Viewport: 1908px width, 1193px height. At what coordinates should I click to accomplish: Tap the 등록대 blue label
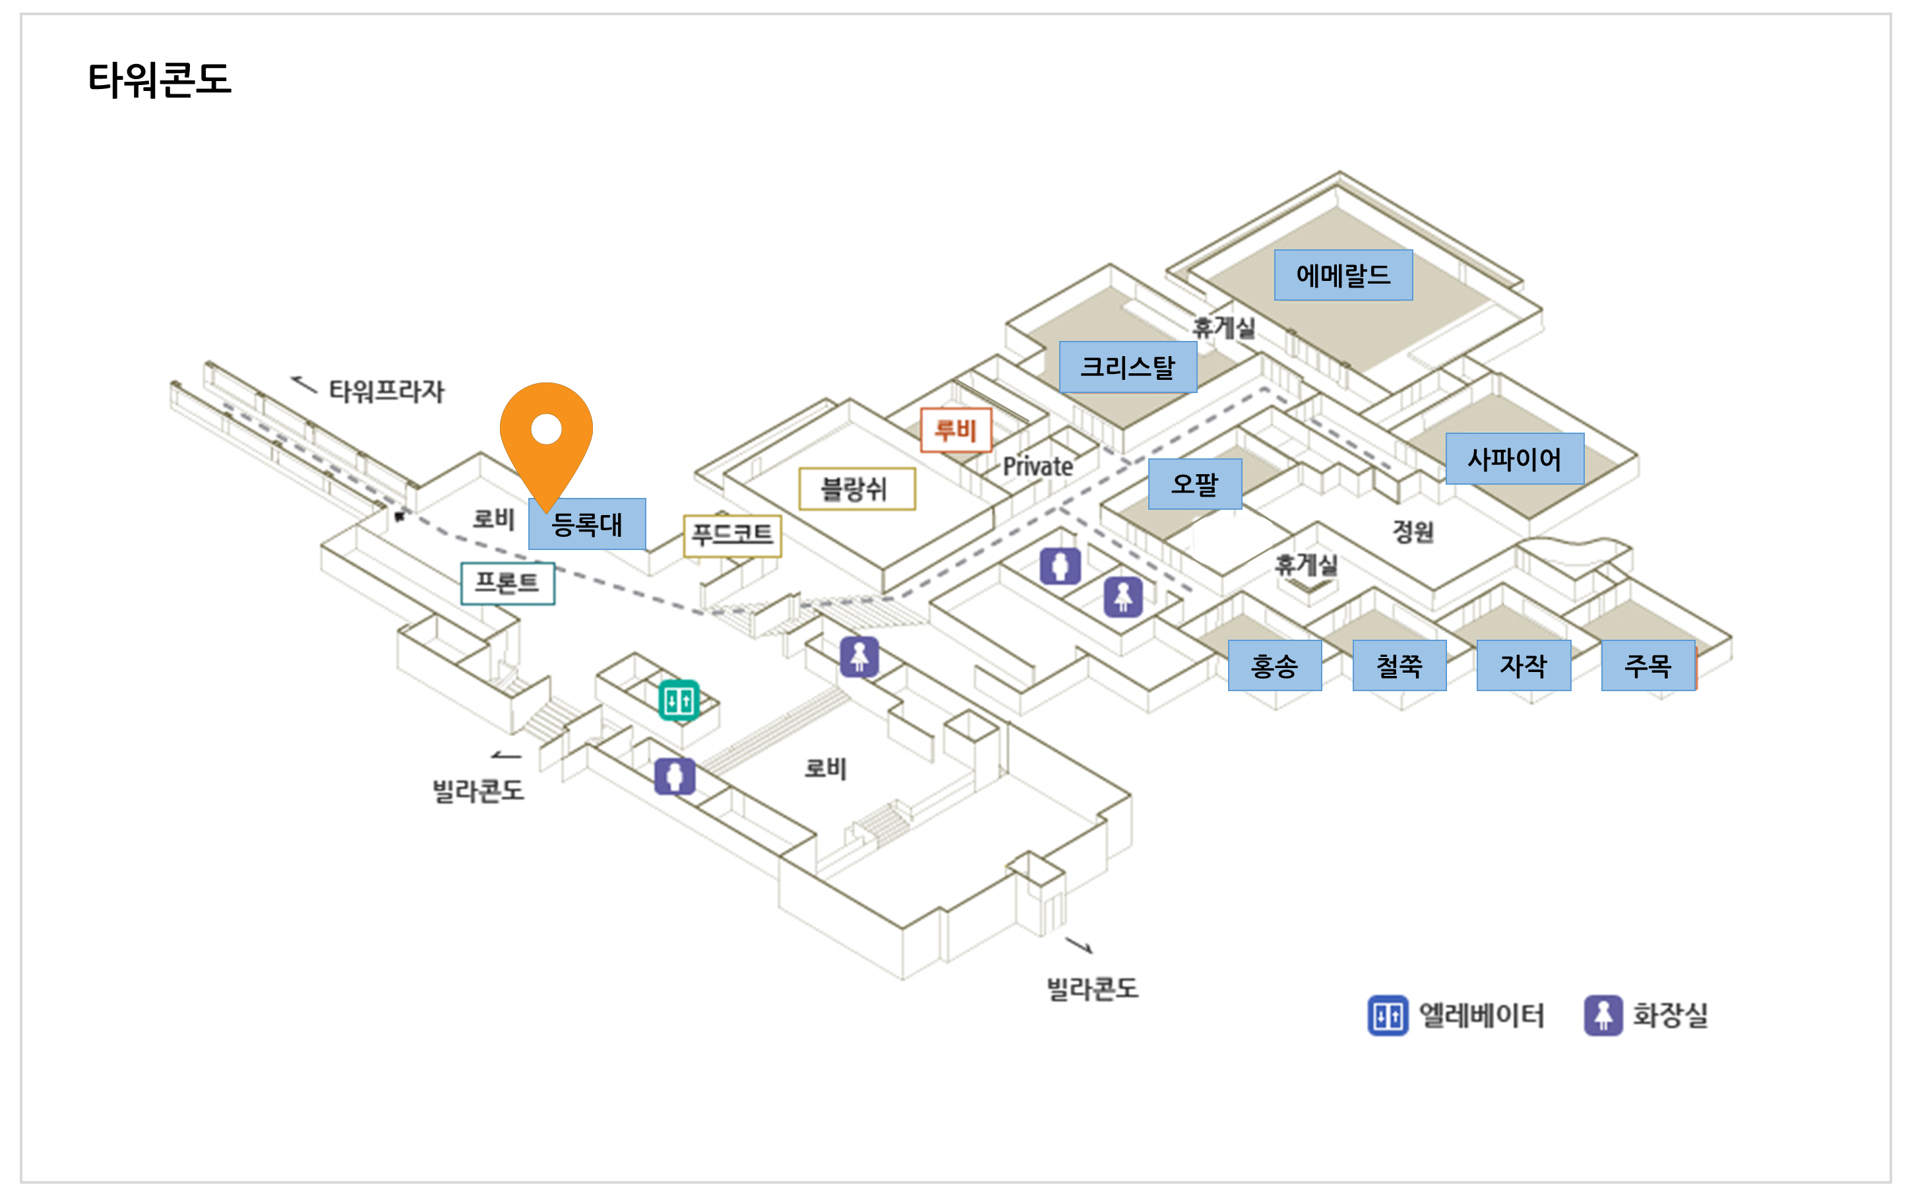587,524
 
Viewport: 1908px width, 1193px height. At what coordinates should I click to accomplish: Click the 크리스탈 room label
1128,367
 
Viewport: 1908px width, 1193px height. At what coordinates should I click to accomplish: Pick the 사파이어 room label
1514,458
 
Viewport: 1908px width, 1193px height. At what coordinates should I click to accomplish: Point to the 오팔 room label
1194,483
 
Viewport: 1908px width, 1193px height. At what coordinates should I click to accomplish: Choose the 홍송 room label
1274,666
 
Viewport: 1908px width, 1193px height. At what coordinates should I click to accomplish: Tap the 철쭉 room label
1399,666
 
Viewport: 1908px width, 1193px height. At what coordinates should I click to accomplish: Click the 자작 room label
1523,666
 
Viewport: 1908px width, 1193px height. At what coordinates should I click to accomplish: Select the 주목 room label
1647,666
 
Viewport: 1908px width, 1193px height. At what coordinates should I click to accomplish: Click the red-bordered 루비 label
956,430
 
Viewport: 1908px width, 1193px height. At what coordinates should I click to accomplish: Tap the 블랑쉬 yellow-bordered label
856,489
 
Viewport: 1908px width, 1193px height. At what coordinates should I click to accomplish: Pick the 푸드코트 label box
732,535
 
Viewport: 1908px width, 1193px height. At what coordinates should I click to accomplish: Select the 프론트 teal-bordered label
507,583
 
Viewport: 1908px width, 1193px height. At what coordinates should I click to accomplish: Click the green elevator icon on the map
679,700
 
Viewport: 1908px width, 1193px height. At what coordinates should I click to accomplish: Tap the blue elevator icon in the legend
1387,1016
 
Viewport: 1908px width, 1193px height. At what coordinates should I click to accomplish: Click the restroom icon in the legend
1603,1016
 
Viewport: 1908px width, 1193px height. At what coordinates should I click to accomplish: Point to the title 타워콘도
160,80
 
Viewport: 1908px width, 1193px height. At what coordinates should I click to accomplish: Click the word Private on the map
1037,467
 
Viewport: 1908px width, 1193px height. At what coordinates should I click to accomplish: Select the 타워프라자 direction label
386,390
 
